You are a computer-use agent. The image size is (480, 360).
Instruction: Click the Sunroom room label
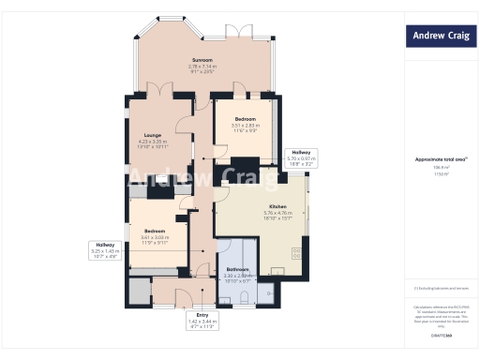point(202,59)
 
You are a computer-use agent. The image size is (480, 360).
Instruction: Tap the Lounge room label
point(152,134)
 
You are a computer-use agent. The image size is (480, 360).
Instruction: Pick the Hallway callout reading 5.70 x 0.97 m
point(301,157)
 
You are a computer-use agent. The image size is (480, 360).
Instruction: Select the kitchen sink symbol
point(278,271)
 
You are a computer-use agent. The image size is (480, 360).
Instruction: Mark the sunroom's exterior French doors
point(246,33)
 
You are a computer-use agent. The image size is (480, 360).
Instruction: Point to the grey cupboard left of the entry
point(141,291)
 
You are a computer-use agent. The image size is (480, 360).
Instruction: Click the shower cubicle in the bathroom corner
point(266,295)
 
